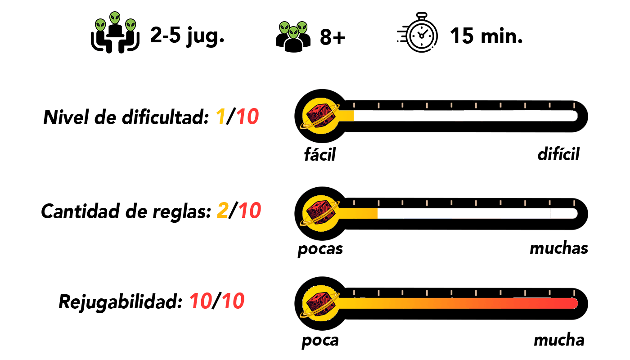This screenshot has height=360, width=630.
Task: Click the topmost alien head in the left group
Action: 115,18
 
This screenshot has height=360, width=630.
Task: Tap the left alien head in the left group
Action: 100,25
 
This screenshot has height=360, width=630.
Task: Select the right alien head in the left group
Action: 130,25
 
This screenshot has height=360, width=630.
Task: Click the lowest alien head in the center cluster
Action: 293,32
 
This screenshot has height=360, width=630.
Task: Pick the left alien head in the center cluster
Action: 284,28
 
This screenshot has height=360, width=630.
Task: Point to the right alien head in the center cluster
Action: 302,28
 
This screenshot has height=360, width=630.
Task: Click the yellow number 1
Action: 220,117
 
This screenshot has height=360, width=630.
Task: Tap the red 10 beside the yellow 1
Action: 247,117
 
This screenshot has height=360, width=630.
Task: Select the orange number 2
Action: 223,211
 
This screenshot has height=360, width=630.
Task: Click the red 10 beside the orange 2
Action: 250,211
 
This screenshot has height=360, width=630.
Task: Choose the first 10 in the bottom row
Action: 201,301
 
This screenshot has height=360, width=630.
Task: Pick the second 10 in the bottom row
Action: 233,301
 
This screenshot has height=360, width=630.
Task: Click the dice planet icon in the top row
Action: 320,116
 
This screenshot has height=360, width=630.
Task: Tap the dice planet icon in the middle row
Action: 320,213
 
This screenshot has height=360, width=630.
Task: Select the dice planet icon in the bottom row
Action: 320,303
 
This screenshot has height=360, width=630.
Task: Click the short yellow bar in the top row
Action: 346,116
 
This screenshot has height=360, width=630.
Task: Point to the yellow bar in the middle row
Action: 358,213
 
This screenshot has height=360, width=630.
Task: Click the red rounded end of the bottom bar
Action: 572,303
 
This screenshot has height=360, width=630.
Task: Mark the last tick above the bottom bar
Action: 574,293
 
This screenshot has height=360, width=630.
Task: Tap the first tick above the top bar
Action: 354,105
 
